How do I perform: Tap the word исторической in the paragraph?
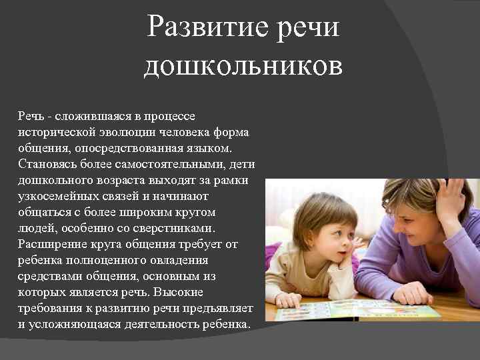pos(54,132)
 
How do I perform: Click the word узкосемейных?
pos(57,196)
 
